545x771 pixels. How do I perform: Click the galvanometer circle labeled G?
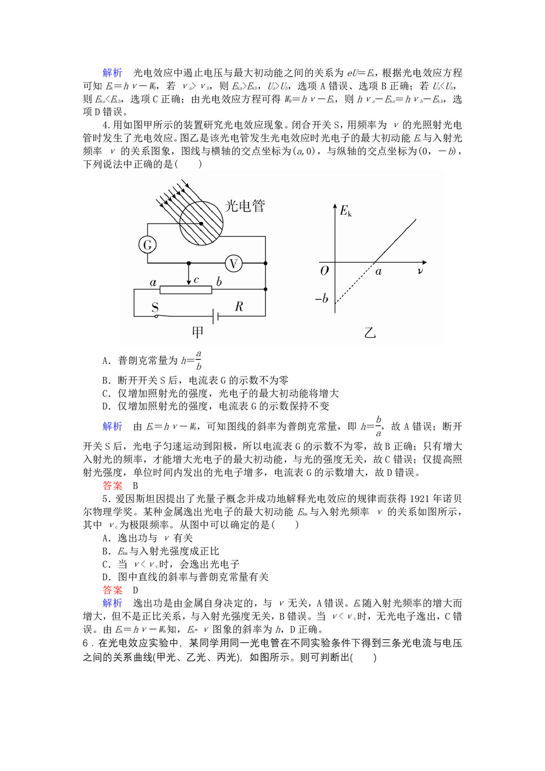click(x=147, y=245)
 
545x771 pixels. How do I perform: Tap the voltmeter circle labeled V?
click(x=234, y=264)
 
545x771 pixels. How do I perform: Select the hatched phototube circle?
click(x=201, y=223)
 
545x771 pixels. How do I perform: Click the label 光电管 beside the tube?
click(x=245, y=206)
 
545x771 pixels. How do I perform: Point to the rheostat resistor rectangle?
click(x=186, y=290)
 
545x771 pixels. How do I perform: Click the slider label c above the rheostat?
click(x=196, y=280)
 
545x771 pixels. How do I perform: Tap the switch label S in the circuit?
click(x=155, y=306)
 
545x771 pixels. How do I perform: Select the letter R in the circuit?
click(x=239, y=306)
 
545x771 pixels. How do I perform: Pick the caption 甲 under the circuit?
click(x=198, y=332)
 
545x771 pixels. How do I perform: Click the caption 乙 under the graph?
click(x=370, y=332)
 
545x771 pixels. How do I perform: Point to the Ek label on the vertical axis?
click(x=346, y=211)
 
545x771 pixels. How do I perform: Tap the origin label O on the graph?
click(x=324, y=270)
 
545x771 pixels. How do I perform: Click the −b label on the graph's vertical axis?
click(x=322, y=299)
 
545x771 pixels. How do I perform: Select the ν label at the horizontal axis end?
click(x=420, y=270)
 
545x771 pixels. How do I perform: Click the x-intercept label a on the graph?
click(x=378, y=272)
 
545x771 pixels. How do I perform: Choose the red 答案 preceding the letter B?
click(x=113, y=485)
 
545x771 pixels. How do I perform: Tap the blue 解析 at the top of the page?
click(x=113, y=73)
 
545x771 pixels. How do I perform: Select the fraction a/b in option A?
click(x=198, y=360)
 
